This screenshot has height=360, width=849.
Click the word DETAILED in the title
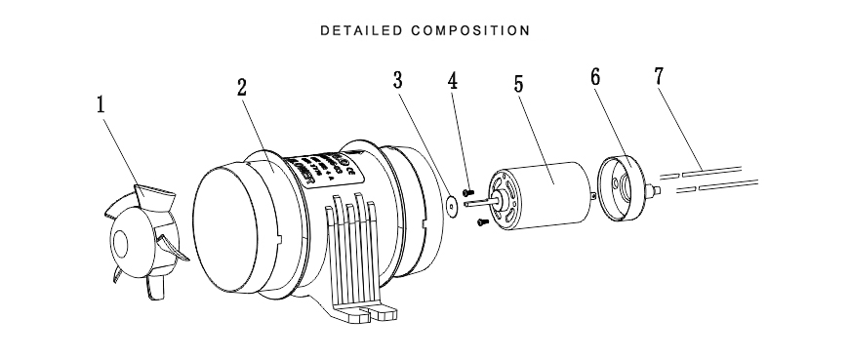click(x=360, y=30)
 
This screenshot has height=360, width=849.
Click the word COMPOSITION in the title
click(x=470, y=30)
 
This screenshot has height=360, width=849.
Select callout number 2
click(x=241, y=86)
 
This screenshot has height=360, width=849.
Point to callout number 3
click(x=397, y=80)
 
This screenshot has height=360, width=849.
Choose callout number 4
click(x=453, y=80)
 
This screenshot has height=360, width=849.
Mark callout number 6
click(x=596, y=78)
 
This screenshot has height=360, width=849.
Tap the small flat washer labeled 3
click(x=451, y=207)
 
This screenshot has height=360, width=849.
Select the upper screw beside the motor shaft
click(x=469, y=192)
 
